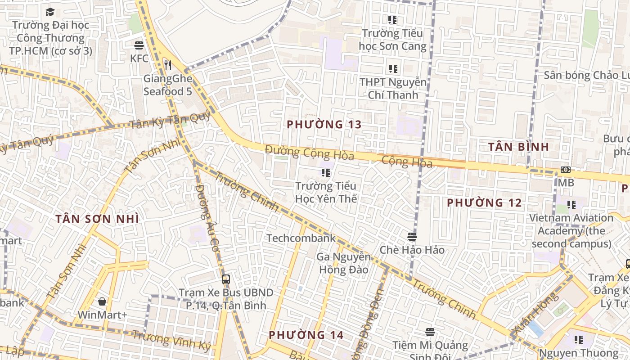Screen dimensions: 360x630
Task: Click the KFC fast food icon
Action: (x=139, y=45)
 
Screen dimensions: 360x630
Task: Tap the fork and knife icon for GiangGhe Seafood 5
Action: (x=168, y=65)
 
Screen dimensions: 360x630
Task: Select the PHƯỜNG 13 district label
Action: (x=324, y=124)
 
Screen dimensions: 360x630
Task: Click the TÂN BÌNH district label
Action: (x=518, y=147)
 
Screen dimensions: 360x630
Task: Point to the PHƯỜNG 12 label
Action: (x=484, y=203)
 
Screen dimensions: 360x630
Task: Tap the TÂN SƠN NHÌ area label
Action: (x=97, y=219)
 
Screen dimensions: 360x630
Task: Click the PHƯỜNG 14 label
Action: (x=306, y=335)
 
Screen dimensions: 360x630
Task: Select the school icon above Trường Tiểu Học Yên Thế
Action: (x=326, y=172)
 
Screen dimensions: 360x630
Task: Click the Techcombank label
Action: (x=301, y=238)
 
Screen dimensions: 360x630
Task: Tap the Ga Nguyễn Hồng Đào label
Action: (x=344, y=263)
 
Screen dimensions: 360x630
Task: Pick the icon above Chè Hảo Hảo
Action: (x=412, y=236)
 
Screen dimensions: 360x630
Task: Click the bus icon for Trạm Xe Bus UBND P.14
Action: (x=226, y=279)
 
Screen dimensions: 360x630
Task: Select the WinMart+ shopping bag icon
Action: (x=102, y=301)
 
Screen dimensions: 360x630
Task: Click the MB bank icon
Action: (x=566, y=170)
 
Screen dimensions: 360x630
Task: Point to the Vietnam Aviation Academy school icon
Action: (x=571, y=205)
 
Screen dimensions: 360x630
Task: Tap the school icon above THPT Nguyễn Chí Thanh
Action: (x=393, y=69)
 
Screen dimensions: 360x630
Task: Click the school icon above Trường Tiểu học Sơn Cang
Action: (x=392, y=20)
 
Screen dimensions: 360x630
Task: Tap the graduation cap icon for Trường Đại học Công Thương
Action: (x=50, y=12)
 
